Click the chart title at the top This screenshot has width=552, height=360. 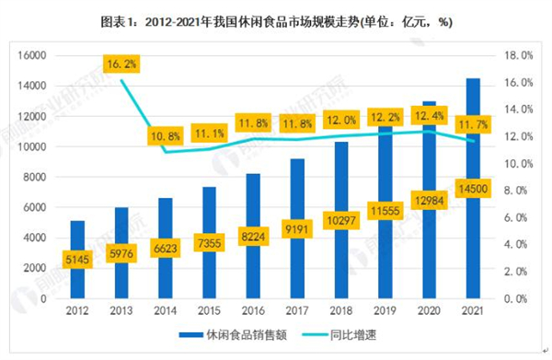tap(277, 19)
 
